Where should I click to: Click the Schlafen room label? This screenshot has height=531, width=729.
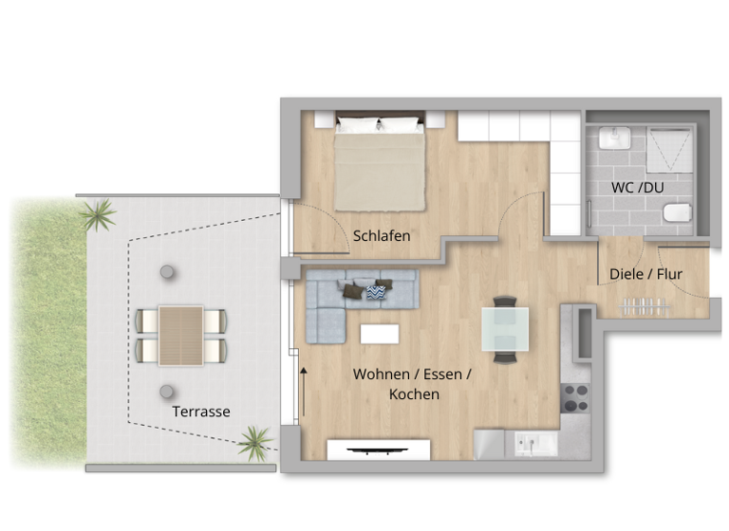[382, 235]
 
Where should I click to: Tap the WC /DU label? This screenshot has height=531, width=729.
[638, 188]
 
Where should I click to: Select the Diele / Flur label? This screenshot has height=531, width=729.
[645, 275]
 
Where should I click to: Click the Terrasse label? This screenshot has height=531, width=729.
[201, 412]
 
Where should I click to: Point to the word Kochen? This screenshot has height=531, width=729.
[414, 394]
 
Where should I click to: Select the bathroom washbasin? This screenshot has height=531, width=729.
[614, 138]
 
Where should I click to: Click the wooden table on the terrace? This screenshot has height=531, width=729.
[180, 335]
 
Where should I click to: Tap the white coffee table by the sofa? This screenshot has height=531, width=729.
[380, 334]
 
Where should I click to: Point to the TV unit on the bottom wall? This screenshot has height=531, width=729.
[378, 450]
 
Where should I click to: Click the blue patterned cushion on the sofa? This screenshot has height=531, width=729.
[377, 293]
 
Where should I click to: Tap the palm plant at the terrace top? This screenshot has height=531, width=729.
[97, 216]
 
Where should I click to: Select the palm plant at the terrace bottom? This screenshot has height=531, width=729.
[253, 441]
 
